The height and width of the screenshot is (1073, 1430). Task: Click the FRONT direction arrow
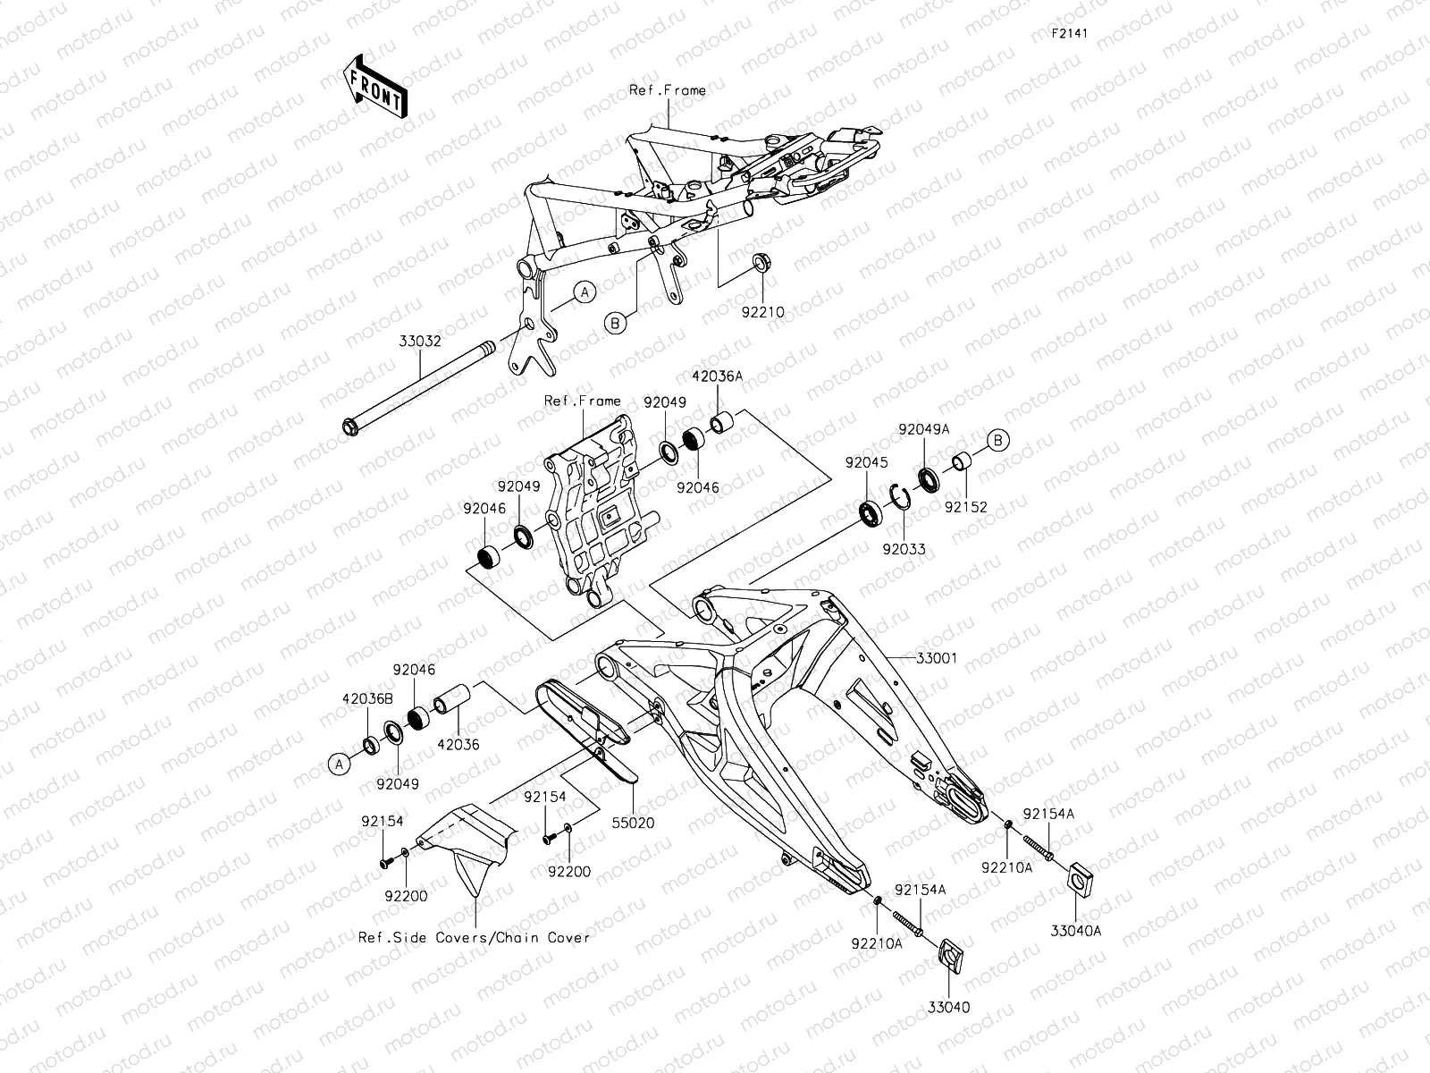[x=375, y=86]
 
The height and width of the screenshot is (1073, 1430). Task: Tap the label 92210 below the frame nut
[x=762, y=313]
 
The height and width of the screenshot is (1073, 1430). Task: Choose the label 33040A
[x=1077, y=930]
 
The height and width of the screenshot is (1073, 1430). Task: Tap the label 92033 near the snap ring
[x=904, y=549]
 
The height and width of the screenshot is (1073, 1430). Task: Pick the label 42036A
[x=722, y=377]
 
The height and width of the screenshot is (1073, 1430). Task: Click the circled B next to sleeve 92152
[x=998, y=439]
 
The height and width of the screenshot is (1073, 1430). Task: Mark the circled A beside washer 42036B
[x=338, y=764]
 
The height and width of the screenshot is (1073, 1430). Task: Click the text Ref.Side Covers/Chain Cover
[x=475, y=937]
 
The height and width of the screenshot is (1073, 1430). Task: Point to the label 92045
[x=867, y=462]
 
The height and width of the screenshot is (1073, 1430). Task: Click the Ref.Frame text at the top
[x=667, y=89]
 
